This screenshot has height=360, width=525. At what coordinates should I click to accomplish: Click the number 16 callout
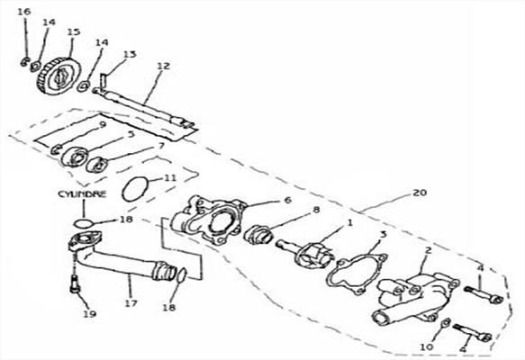click(x=24, y=12)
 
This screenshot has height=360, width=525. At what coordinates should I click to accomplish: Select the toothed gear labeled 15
click(x=59, y=77)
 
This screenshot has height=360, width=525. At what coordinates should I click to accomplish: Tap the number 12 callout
click(x=163, y=66)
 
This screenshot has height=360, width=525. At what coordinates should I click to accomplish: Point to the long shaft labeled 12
click(x=144, y=108)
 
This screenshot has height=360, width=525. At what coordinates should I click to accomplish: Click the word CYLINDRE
click(x=82, y=194)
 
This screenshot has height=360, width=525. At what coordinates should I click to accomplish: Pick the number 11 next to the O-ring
click(x=170, y=177)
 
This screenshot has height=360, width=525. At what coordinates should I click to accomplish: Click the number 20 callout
click(x=421, y=193)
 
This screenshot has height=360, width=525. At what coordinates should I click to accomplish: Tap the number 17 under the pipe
click(x=131, y=303)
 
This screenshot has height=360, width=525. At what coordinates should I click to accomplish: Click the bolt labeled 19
click(x=76, y=283)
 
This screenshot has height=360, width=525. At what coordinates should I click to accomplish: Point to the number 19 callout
click(x=90, y=313)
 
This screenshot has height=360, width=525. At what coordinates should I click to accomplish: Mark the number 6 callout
click(x=287, y=200)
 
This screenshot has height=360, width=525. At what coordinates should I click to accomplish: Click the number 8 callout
click(x=316, y=210)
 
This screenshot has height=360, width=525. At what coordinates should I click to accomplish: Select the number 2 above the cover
click(x=429, y=250)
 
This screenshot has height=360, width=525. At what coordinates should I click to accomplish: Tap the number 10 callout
click(x=427, y=347)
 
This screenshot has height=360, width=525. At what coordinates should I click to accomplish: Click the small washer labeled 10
click(x=445, y=323)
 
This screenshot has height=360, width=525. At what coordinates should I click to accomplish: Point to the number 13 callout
click(x=130, y=54)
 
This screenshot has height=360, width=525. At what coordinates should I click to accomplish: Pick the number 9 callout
click(x=103, y=125)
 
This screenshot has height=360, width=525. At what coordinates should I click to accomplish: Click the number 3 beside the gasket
click(x=384, y=234)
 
